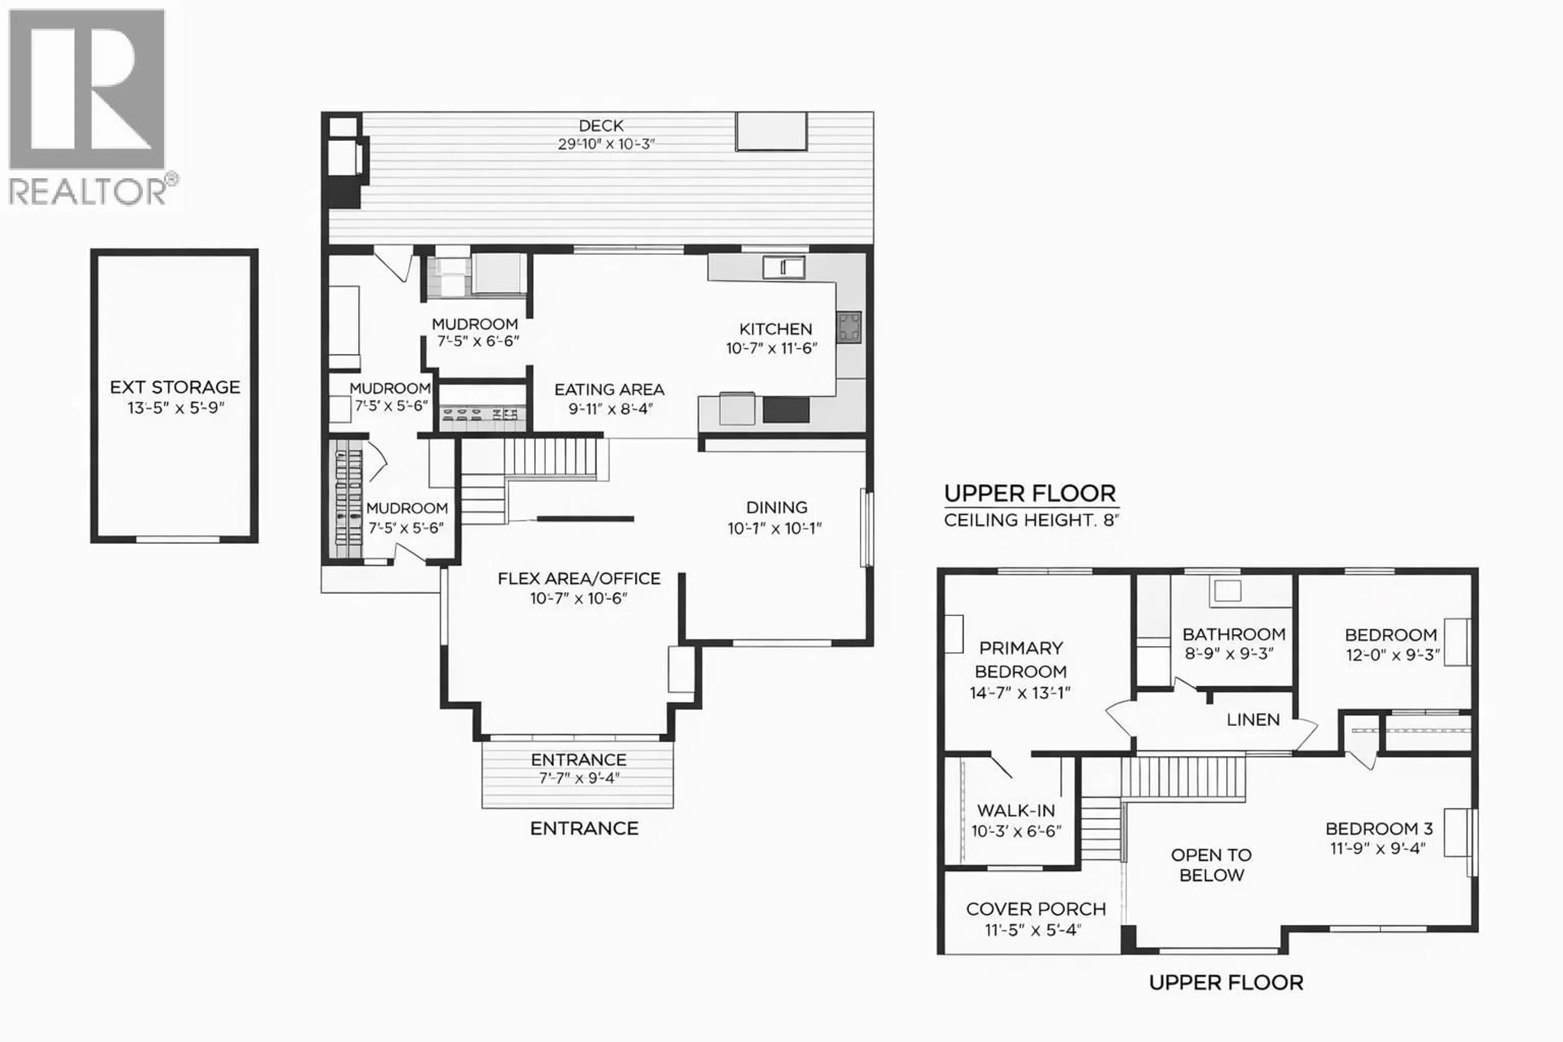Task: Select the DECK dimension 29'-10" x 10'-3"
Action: tap(606, 144)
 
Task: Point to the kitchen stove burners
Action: tap(849, 327)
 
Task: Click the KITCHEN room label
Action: tap(775, 329)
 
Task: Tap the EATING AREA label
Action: tap(609, 390)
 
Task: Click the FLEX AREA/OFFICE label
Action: tap(579, 579)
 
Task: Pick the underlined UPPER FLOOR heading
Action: tap(1029, 494)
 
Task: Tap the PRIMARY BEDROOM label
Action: tap(1021, 659)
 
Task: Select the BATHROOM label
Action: tap(1233, 635)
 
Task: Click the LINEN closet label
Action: tap(1253, 720)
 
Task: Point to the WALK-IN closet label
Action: tap(1016, 811)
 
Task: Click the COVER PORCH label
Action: tap(1035, 909)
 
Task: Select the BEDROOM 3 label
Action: tap(1379, 829)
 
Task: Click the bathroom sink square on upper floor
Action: tap(1227, 591)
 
